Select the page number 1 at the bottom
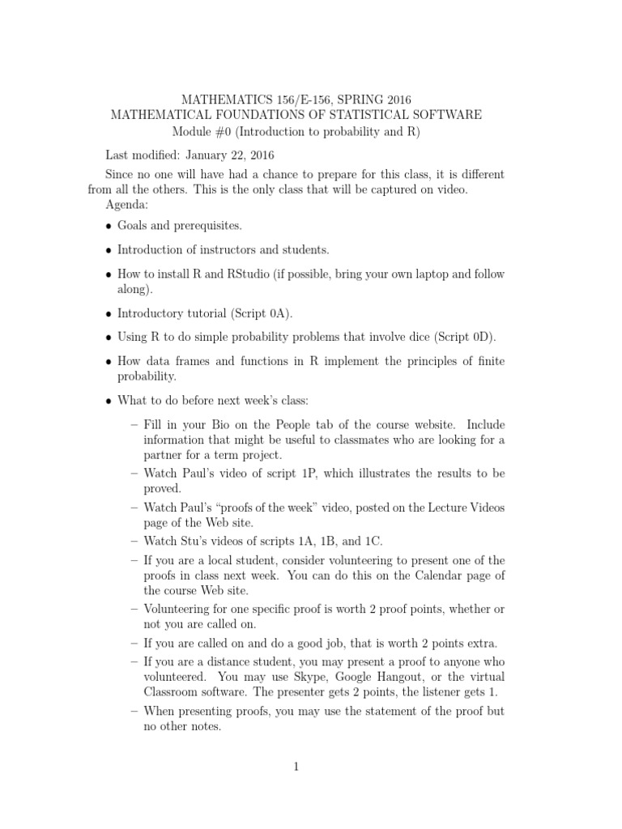[x=297, y=767]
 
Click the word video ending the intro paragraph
[x=450, y=189]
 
